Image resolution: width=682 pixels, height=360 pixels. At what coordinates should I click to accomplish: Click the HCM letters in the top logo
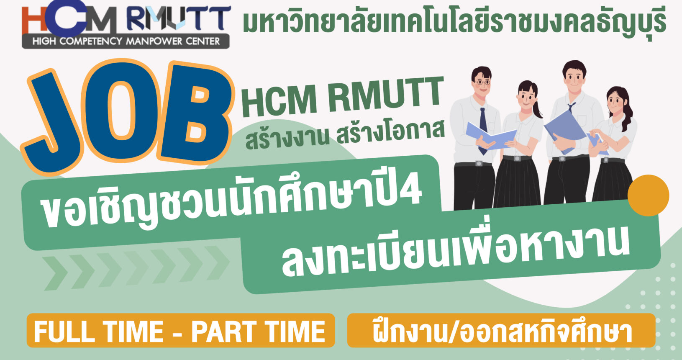[69, 18]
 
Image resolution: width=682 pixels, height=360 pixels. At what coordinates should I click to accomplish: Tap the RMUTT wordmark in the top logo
[179, 18]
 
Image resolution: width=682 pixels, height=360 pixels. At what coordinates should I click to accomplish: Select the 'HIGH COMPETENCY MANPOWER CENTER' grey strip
[126, 41]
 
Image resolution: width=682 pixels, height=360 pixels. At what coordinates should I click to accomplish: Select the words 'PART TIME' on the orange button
[258, 332]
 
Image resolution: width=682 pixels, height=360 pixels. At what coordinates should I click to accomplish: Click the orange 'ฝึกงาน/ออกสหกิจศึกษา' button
[501, 330]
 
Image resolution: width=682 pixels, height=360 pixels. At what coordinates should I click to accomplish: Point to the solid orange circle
[649, 195]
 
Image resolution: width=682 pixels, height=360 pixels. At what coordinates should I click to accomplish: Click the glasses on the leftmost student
[482, 82]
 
